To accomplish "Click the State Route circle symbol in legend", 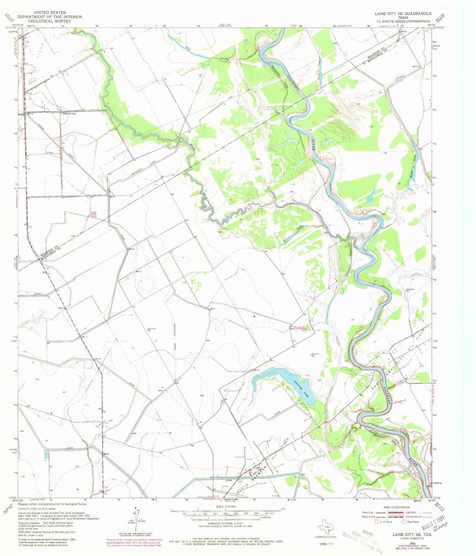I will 404,522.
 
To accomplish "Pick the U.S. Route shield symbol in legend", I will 376,522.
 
